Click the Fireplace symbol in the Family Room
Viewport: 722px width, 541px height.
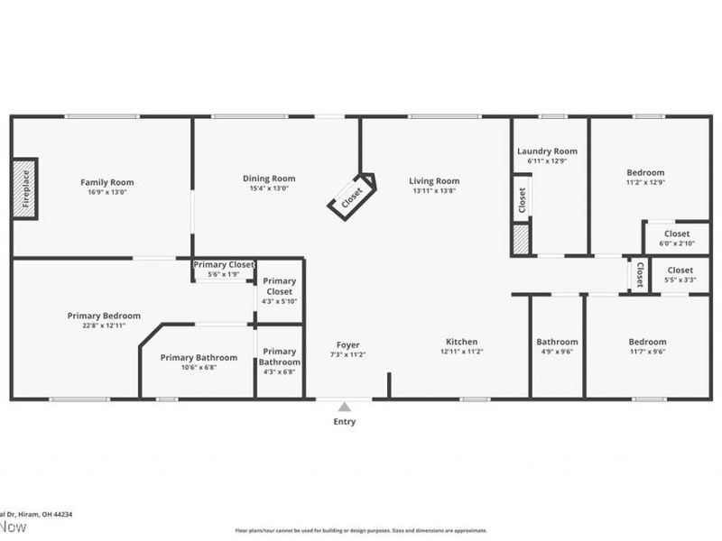tap(25, 188)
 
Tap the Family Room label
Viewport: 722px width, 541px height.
tap(107, 182)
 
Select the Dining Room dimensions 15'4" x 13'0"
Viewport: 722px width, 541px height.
tap(269, 189)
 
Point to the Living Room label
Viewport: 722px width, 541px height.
tap(434, 180)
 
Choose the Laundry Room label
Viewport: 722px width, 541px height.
tap(547, 151)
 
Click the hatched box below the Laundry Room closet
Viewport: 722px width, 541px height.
tap(521, 240)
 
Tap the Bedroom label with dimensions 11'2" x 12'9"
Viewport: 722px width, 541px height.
tap(645, 173)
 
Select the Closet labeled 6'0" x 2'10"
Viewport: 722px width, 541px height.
tap(677, 238)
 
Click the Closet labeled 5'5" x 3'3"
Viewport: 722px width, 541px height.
tap(680, 274)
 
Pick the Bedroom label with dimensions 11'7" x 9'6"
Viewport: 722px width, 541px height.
tap(647, 342)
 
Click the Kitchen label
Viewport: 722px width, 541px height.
tap(461, 342)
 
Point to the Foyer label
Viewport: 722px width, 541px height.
tap(348, 344)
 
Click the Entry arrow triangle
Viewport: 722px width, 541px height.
tap(344, 407)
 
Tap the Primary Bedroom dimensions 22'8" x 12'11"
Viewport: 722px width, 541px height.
tap(104, 326)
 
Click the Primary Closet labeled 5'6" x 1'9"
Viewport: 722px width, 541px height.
tap(223, 269)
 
